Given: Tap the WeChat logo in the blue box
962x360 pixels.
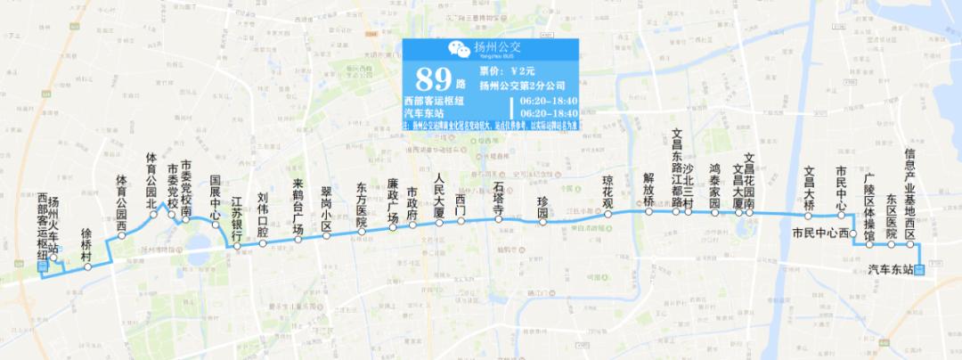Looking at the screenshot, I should point(456,49).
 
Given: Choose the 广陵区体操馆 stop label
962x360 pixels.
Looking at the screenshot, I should point(871,209).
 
